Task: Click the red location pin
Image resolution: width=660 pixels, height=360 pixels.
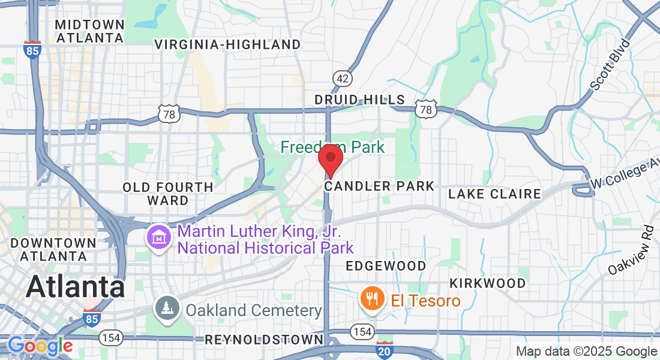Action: pyautogui.click(x=330, y=158)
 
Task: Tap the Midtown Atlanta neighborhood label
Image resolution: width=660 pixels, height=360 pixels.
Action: pyautogui.click(x=89, y=31)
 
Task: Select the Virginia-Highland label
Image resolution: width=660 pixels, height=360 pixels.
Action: pyautogui.click(x=227, y=44)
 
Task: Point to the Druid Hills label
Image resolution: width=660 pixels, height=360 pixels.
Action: pyautogui.click(x=360, y=100)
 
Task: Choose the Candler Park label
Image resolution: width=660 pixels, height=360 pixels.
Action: pyautogui.click(x=379, y=187)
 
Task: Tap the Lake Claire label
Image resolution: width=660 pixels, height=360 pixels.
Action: pyautogui.click(x=494, y=194)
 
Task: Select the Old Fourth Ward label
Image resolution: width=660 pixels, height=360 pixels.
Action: pyautogui.click(x=168, y=194)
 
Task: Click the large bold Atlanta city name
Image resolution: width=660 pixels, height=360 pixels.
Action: pyautogui.click(x=76, y=287)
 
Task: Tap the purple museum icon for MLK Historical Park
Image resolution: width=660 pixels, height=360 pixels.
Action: pyautogui.click(x=159, y=238)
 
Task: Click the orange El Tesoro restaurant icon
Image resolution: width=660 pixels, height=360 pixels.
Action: pyautogui.click(x=372, y=299)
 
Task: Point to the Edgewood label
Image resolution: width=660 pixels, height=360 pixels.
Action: pyautogui.click(x=386, y=266)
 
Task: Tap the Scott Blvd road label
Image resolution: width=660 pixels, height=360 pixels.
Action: pyautogui.click(x=610, y=65)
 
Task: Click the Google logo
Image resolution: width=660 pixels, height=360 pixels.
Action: pyautogui.click(x=40, y=346)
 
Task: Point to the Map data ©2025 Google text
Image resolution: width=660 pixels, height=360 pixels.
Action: pyautogui.click(x=586, y=352)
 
